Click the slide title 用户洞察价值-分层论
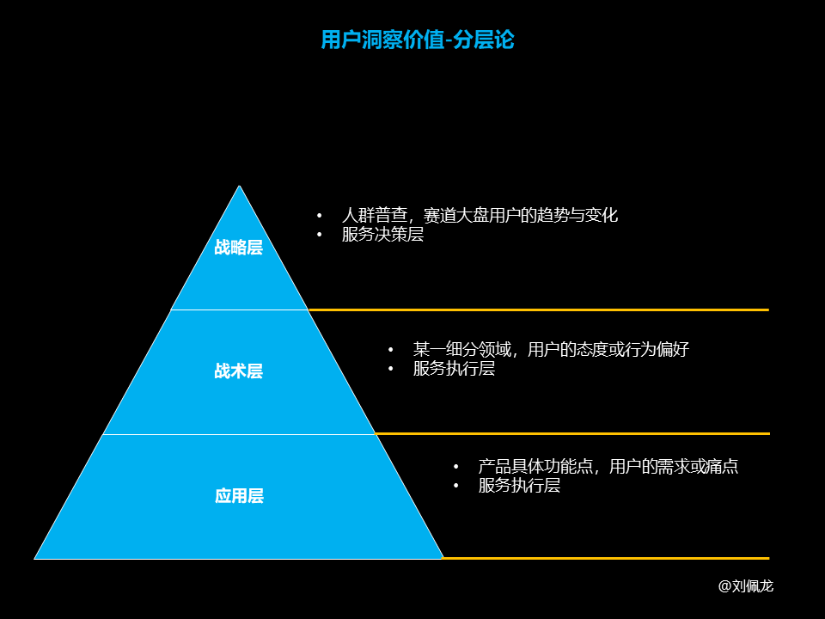tap(418, 40)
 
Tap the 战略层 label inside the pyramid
tap(238, 248)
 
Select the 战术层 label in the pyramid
tap(238, 371)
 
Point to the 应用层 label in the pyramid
tap(239, 496)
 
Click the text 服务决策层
tap(382, 234)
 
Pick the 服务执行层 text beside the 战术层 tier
tap(454, 369)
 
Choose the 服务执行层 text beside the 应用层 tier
tap(519, 485)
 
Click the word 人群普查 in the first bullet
tap(375, 215)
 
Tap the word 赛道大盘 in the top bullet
tap(456, 215)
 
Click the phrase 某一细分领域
tap(462, 350)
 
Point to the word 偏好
tap(673, 350)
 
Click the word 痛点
tap(722, 466)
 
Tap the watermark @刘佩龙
tap(746, 585)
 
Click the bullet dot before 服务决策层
tap(320, 234)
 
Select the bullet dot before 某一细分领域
tap(390, 350)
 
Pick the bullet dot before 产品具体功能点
tap(455, 466)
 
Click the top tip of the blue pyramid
tap(240, 186)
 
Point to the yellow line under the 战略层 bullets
tap(538, 310)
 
